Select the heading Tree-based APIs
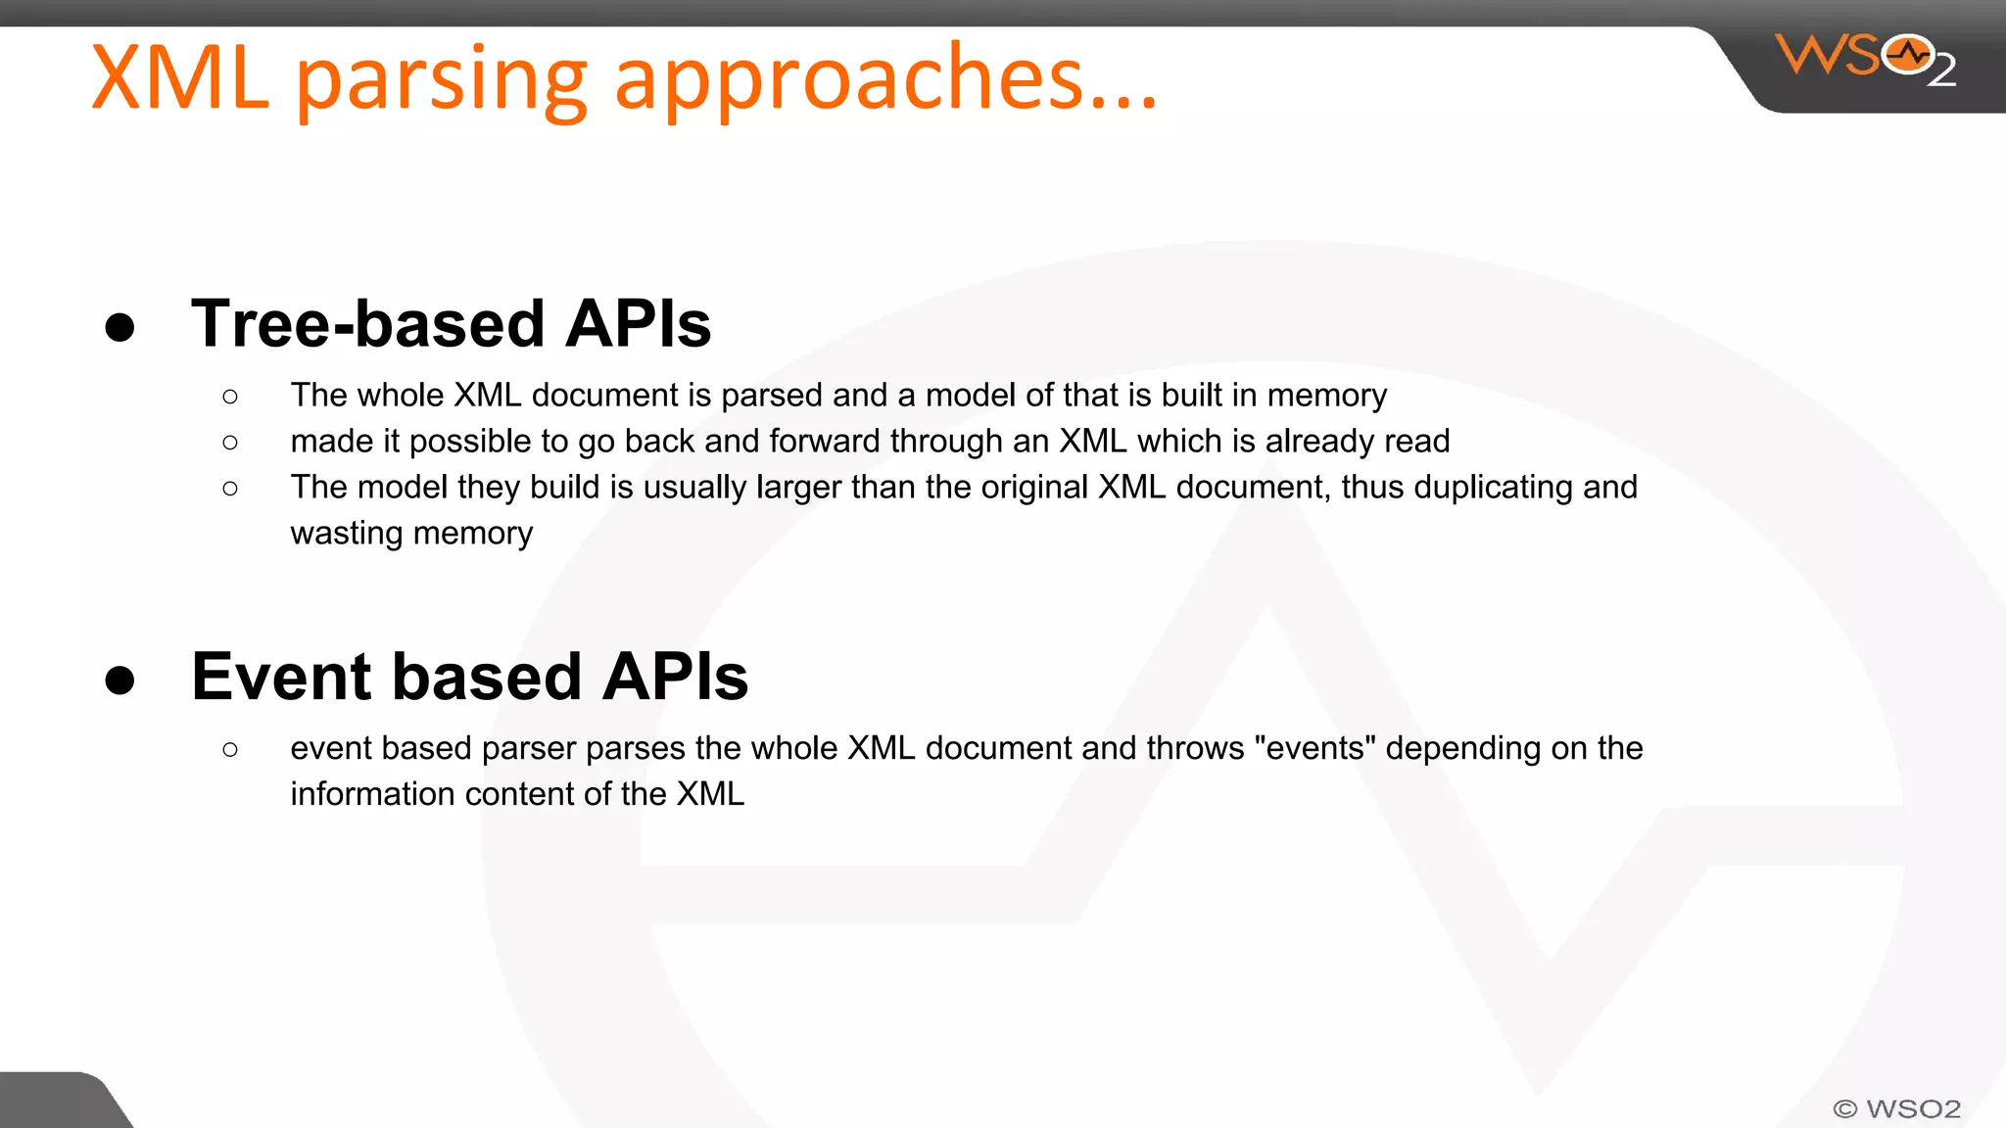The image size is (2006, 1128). pyautogui.click(x=451, y=324)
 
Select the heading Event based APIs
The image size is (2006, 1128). pyautogui.click(x=469, y=677)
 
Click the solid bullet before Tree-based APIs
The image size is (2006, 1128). pyautogui.click(x=119, y=327)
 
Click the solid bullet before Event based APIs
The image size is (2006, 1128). pyautogui.click(x=119, y=680)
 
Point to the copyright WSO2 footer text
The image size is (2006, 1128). pyautogui.click(x=1896, y=1108)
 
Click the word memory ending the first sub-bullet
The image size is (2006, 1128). pyautogui.click(x=1326, y=396)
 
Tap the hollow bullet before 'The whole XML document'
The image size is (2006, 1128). pyautogui.click(x=230, y=397)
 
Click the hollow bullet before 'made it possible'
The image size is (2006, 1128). pyautogui.click(x=230, y=443)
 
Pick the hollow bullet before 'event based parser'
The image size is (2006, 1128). pyautogui.click(x=230, y=750)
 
